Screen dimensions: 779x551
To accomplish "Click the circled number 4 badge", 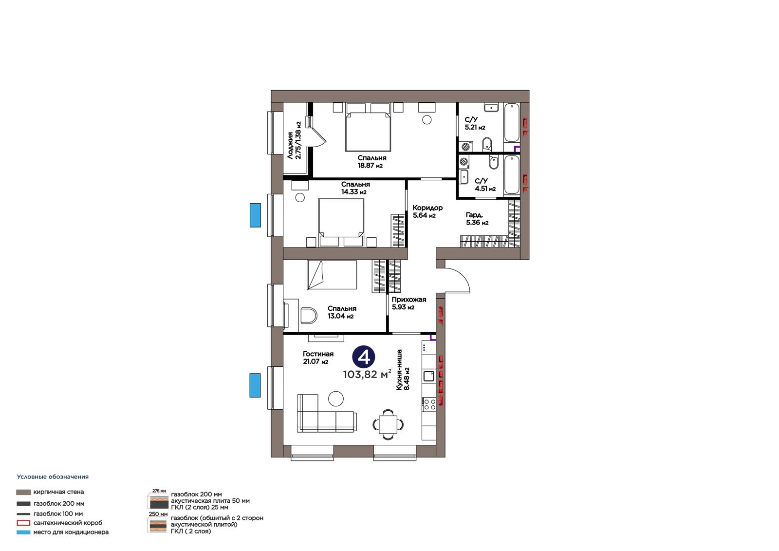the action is click(x=363, y=357).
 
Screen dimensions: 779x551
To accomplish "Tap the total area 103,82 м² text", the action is click(x=367, y=374).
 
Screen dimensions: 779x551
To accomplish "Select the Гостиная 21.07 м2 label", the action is click(x=318, y=358).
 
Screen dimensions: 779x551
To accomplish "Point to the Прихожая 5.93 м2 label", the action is click(x=408, y=303).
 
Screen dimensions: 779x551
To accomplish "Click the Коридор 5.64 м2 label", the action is click(x=427, y=211).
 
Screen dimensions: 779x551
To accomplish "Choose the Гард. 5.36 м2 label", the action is click(x=477, y=219).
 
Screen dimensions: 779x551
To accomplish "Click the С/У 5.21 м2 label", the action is click(x=475, y=124).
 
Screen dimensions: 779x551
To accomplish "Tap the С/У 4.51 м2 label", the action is click(x=485, y=185).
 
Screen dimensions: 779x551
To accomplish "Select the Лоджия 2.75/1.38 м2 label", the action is click(x=294, y=140).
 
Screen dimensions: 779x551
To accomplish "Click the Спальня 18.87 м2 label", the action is click(x=372, y=162).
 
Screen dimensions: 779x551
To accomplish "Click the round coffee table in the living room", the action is click(x=335, y=399).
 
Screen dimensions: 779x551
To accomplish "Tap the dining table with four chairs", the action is click(x=388, y=424).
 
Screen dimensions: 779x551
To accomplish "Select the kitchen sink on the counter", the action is click(x=429, y=376).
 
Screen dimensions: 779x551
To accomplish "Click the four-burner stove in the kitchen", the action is click(x=429, y=404).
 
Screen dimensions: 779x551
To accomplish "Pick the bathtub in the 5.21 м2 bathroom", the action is click(x=512, y=122).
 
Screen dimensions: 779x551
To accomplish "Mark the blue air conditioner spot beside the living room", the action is click(x=255, y=385).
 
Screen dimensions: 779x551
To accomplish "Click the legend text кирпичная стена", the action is click(x=58, y=492).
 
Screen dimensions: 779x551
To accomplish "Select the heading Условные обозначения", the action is click(x=53, y=476).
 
